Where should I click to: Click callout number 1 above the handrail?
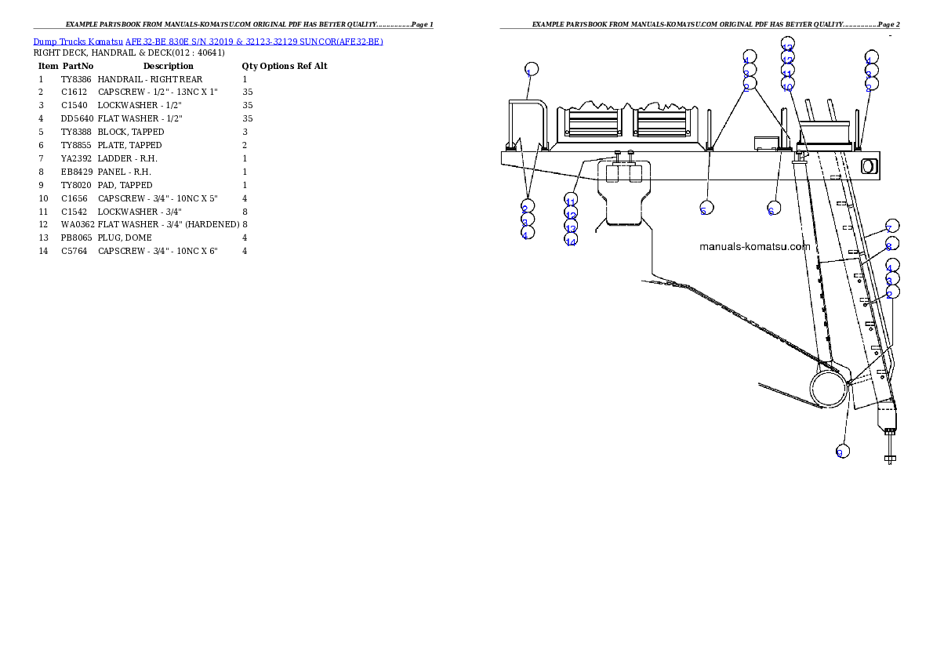pyautogui.click(x=532, y=69)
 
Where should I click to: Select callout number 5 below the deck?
pyautogui.click(x=706, y=208)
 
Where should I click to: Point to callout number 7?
pyautogui.click(x=891, y=227)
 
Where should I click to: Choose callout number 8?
pyautogui.click(x=891, y=244)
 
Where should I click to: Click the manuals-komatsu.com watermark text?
pyautogui.click(x=754, y=246)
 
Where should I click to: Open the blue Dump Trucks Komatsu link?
pyautogui.click(x=208, y=42)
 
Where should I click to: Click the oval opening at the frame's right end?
pyautogui.click(x=868, y=165)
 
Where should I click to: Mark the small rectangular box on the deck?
pyautogui.click(x=764, y=142)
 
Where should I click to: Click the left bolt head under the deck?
pyautogui.click(x=618, y=153)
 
